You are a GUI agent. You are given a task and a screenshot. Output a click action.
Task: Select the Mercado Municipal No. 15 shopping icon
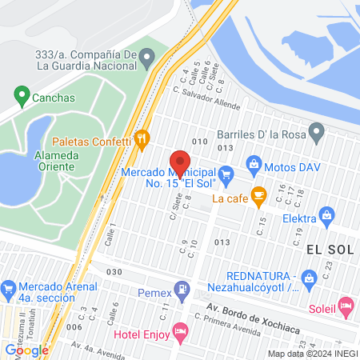(226, 172)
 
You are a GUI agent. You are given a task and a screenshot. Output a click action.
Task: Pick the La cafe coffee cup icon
(258, 194)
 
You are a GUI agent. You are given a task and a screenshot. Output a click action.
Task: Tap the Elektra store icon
(326, 215)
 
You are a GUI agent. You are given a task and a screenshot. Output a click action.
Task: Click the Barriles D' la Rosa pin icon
(318, 130)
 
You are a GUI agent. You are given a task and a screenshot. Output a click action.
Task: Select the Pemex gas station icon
(185, 290)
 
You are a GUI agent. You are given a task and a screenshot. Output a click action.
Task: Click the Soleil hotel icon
(346, 305)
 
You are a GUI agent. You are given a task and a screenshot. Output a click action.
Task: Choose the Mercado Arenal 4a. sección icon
(9, 288)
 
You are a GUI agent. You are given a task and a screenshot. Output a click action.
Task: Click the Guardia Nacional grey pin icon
(147, 57)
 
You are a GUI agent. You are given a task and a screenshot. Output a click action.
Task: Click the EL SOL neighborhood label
(330, 250)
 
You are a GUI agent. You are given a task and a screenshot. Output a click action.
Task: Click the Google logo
(26, 350)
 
